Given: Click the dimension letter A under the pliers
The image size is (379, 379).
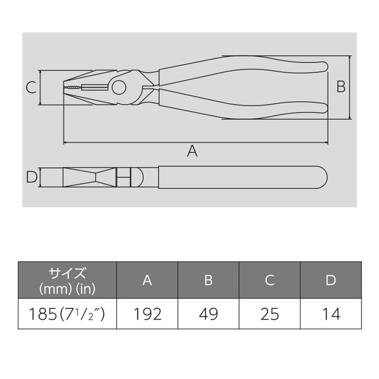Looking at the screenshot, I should click(x=192, y=151).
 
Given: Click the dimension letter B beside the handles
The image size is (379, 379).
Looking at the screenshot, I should click(x=341, y=87).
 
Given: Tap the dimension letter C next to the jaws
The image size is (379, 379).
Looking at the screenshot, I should click(x=30, y=88).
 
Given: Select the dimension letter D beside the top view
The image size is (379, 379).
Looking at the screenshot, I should click(x=31, y=177).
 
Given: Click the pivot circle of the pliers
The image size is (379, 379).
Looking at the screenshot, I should click(x=119, y=88).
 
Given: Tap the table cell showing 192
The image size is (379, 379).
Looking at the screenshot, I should click(x=147, y=314).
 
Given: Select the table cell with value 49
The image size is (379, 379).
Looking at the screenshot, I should click(x=208, y=314).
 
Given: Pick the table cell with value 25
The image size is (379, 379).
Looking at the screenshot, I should click(x=270, y=314).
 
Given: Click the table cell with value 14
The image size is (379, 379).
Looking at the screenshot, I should click(x=331, y=314).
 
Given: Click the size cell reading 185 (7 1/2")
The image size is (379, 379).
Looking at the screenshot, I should click(x=67, y=314).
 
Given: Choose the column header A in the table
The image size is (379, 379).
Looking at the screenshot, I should click(x=147, y=280).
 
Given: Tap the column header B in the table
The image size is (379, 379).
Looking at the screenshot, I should click(x=208, y=280).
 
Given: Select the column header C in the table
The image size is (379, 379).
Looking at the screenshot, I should click(x=270, y=280).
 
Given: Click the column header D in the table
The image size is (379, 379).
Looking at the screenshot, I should click(x=331, y=280).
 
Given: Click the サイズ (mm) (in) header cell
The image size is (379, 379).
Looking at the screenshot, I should click(x=67, y=280).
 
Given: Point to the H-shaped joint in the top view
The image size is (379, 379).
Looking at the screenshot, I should click(x=123, y=177).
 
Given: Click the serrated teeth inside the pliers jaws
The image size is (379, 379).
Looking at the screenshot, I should click(x=75, y=88).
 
